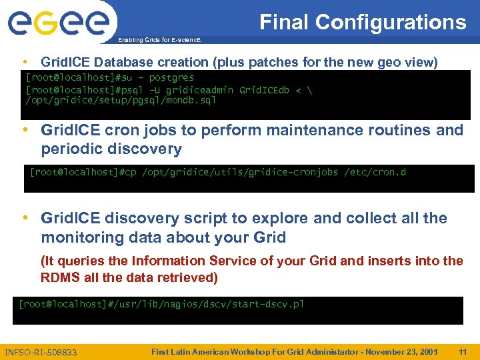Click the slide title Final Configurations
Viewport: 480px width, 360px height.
coord(363,22)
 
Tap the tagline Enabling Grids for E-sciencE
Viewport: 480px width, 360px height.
coord(158,41)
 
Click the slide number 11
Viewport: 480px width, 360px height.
coord(463,351)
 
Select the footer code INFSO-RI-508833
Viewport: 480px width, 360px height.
coord(41,352)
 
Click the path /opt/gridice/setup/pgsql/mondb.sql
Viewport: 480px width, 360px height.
coord(121,101)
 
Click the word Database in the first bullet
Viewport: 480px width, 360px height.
coord(125,62)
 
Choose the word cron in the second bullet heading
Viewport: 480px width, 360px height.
coord(117,130)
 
